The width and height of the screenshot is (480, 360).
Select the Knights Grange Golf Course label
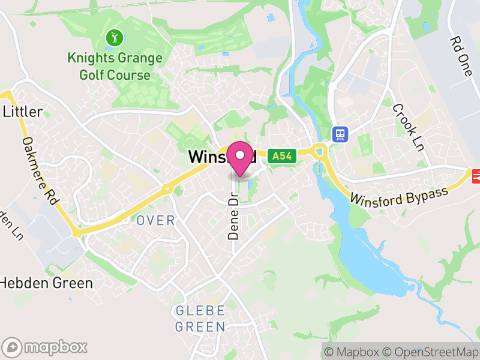pos(115,67)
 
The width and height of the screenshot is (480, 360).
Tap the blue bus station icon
pos(340,133)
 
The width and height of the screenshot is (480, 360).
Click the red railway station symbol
pos(476,175)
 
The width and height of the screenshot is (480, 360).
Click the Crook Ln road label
pos(409,127)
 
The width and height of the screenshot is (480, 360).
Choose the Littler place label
pos(23,112)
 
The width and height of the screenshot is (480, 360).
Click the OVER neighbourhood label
pos(155,221)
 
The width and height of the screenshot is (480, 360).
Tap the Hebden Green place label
pos(46,283)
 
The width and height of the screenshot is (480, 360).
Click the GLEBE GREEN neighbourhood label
pos(200,319)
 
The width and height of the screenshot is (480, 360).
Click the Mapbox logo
pos(46,347)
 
